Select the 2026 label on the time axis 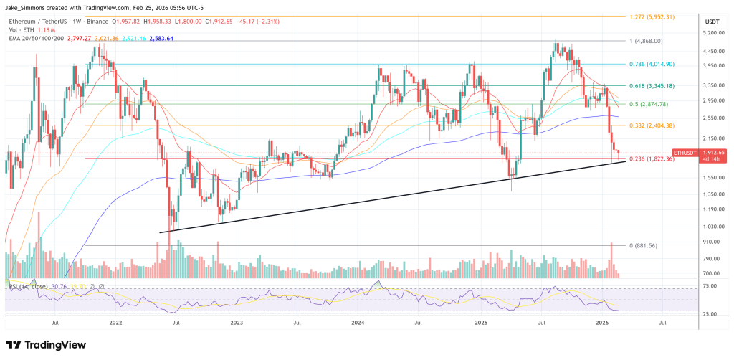(x=603, y=323)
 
